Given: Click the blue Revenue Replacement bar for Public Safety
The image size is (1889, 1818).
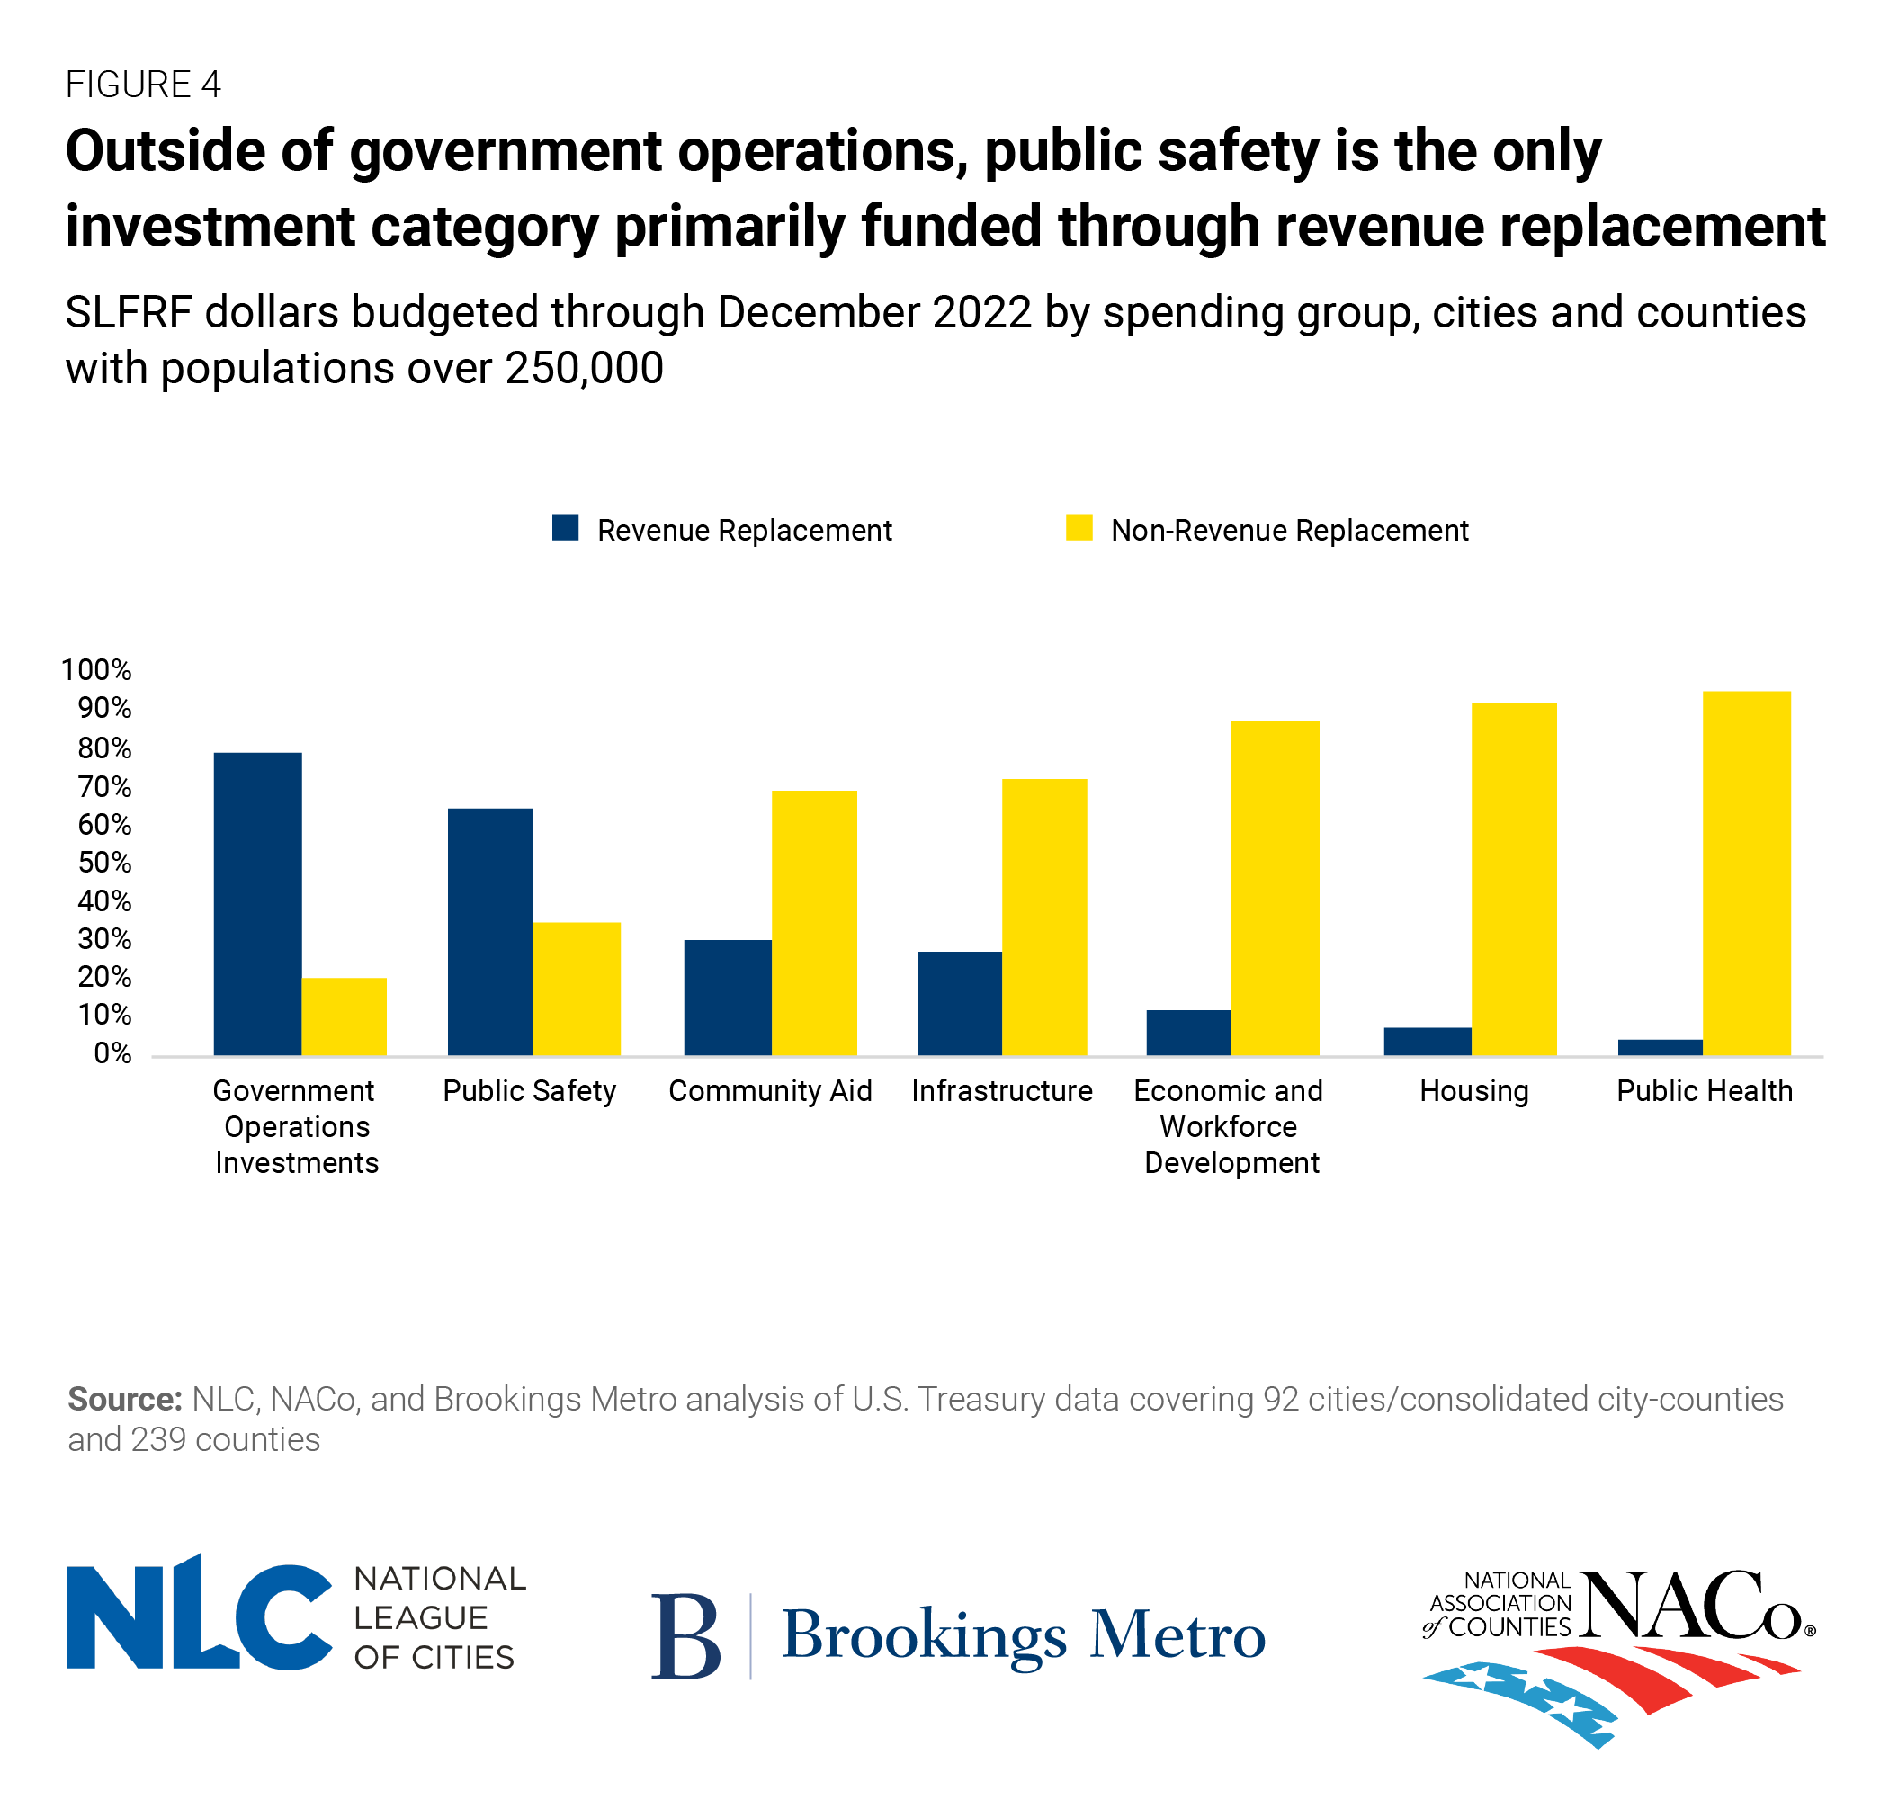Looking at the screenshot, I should (x=489, y=931).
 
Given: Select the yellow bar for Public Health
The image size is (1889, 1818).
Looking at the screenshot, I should (x=1745, y=873).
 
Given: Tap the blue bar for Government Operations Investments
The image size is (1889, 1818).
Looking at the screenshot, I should (x=257, y=903).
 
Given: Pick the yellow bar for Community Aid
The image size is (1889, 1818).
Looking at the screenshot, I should (x=813, y=923).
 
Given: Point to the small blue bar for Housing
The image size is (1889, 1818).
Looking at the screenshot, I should (x=1427, y=1041).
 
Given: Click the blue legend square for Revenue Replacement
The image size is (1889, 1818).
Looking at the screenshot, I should (x=565, y=527).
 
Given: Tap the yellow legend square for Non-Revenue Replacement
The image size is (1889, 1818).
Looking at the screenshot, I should (x=1079, y=527).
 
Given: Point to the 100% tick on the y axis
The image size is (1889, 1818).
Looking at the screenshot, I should (x=96, y=670).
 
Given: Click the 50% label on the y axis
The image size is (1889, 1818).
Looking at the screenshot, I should (x=104, y=862).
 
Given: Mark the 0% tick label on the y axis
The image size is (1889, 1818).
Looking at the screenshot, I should (x=112, y=1052).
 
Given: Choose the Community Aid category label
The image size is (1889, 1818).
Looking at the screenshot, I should (x=770, y=1090).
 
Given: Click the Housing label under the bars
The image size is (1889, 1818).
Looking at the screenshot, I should (x=1473, y=1090).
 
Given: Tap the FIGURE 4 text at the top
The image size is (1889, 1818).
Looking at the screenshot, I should (x=143, y=85).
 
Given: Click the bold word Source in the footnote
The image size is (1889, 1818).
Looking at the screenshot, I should (x=124, y=1399).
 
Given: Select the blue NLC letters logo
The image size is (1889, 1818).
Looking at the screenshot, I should (x=199, y=1616).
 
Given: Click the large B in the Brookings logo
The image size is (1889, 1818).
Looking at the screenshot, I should (x=685, y=1635).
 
